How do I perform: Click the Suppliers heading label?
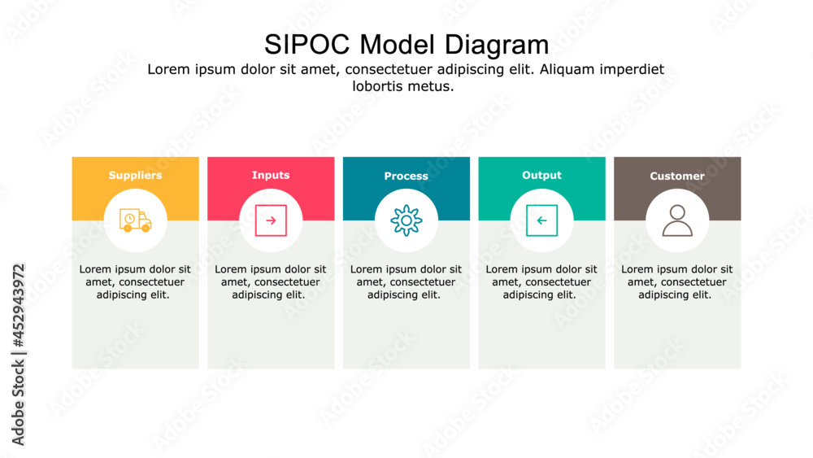tap(135, 175)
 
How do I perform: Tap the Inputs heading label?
tap(271, 175)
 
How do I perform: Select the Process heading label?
tap(406, 176)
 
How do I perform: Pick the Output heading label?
tap(541, 175)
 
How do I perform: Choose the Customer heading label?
tap(677, 176)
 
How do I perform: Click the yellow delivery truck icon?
tap(136, 220)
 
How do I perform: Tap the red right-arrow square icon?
tap(271, 220)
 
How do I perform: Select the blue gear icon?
tap(406, 220)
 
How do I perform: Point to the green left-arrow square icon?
tap(541, 220)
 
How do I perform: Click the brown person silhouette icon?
tap(677, 220)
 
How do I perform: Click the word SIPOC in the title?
tap(308, 43)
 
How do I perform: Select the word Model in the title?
tap(398, 43)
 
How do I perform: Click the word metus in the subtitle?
tap(432, 85)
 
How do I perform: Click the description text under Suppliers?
tap(135, 281)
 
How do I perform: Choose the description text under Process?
tap(406, 281)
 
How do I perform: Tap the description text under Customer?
tap(677, 281)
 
